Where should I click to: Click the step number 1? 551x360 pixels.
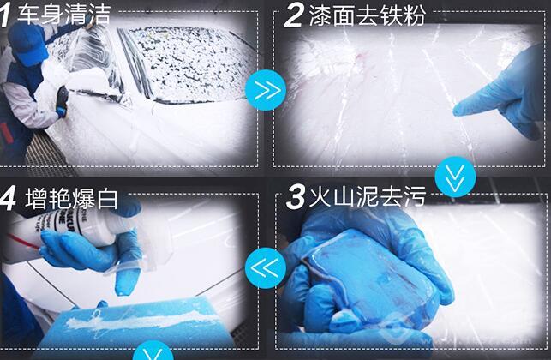coord(4,15)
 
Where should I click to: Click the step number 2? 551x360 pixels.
coord(293,15)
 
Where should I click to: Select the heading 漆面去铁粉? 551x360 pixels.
coord(368,15)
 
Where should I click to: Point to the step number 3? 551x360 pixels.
coord(296,197)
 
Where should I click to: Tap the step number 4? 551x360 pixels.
coord(8,199)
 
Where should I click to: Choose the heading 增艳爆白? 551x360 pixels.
coord(71,199)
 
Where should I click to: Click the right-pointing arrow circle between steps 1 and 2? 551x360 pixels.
coord(266,90)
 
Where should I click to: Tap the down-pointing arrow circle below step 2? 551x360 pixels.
coord(455,177)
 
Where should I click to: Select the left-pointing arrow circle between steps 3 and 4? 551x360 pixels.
coord(266,268)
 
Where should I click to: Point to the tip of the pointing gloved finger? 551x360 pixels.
coord(455,112)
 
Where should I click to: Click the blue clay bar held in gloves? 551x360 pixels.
coord(369,278)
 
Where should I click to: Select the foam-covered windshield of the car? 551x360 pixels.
coord(189,63)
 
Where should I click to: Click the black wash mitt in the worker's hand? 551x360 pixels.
coord(62,99)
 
